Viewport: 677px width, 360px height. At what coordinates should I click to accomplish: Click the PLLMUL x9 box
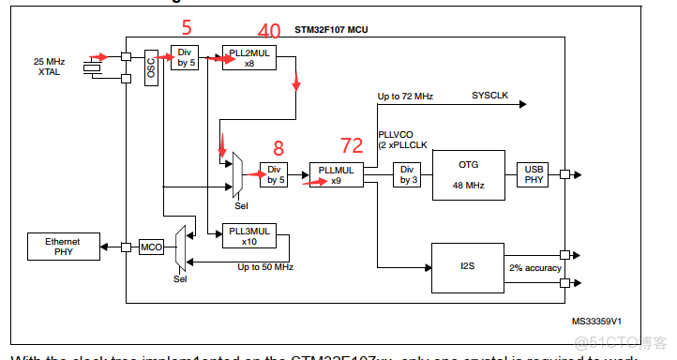335,175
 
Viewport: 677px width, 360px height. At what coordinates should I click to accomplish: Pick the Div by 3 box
406,175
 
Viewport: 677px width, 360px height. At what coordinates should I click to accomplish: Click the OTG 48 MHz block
468,175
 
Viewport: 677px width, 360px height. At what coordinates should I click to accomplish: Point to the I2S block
468,266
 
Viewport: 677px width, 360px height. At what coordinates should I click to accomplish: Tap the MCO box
151,247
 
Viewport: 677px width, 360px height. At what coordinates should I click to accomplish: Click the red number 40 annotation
268,32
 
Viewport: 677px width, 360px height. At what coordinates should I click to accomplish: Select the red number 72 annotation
351,144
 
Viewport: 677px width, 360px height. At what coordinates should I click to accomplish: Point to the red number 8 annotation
278,147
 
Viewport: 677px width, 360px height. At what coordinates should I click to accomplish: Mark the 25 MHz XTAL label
49,67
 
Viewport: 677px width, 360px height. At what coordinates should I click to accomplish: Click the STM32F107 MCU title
332,30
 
